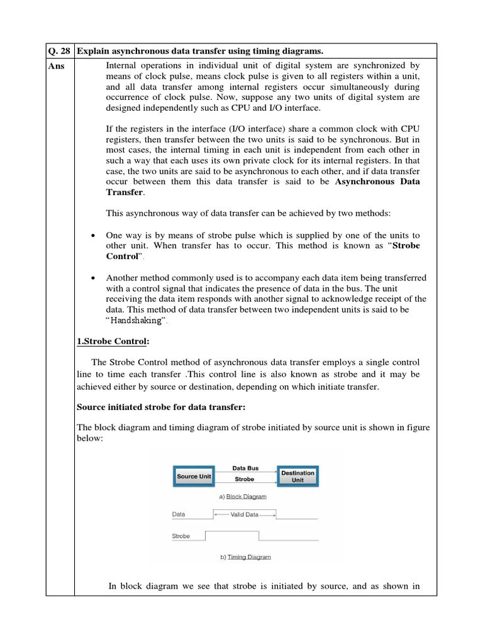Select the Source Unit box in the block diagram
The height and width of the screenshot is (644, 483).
(194, 476)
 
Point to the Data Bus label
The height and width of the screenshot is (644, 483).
(245, 468)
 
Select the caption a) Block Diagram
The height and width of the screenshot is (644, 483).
(243, 496)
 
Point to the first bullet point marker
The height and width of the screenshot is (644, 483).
(93, 235)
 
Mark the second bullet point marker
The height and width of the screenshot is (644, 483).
(93, 278)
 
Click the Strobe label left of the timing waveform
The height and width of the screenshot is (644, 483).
(181, 536)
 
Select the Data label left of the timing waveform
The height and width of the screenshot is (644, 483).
(179, 514)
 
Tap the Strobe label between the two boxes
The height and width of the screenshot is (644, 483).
(245, 479)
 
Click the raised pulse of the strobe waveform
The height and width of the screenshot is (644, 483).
(233, 531)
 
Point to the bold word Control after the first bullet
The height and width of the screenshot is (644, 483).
(122, 257)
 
